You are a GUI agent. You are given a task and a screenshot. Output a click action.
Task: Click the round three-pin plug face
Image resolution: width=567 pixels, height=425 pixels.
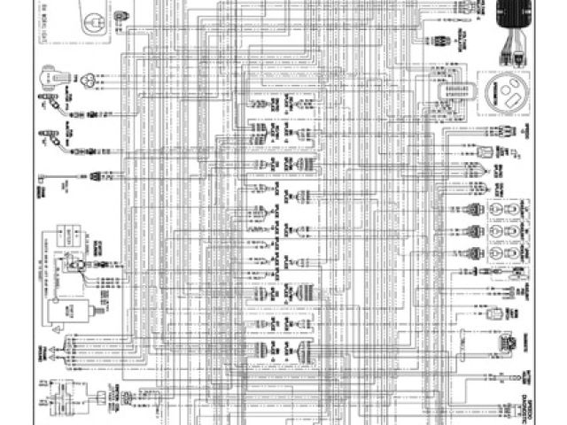[88, 80]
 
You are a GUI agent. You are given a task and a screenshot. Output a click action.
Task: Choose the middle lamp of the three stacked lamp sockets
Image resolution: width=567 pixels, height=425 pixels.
[501, 233]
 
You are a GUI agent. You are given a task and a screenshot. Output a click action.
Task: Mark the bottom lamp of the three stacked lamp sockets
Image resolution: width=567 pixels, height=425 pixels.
[501, 253]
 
